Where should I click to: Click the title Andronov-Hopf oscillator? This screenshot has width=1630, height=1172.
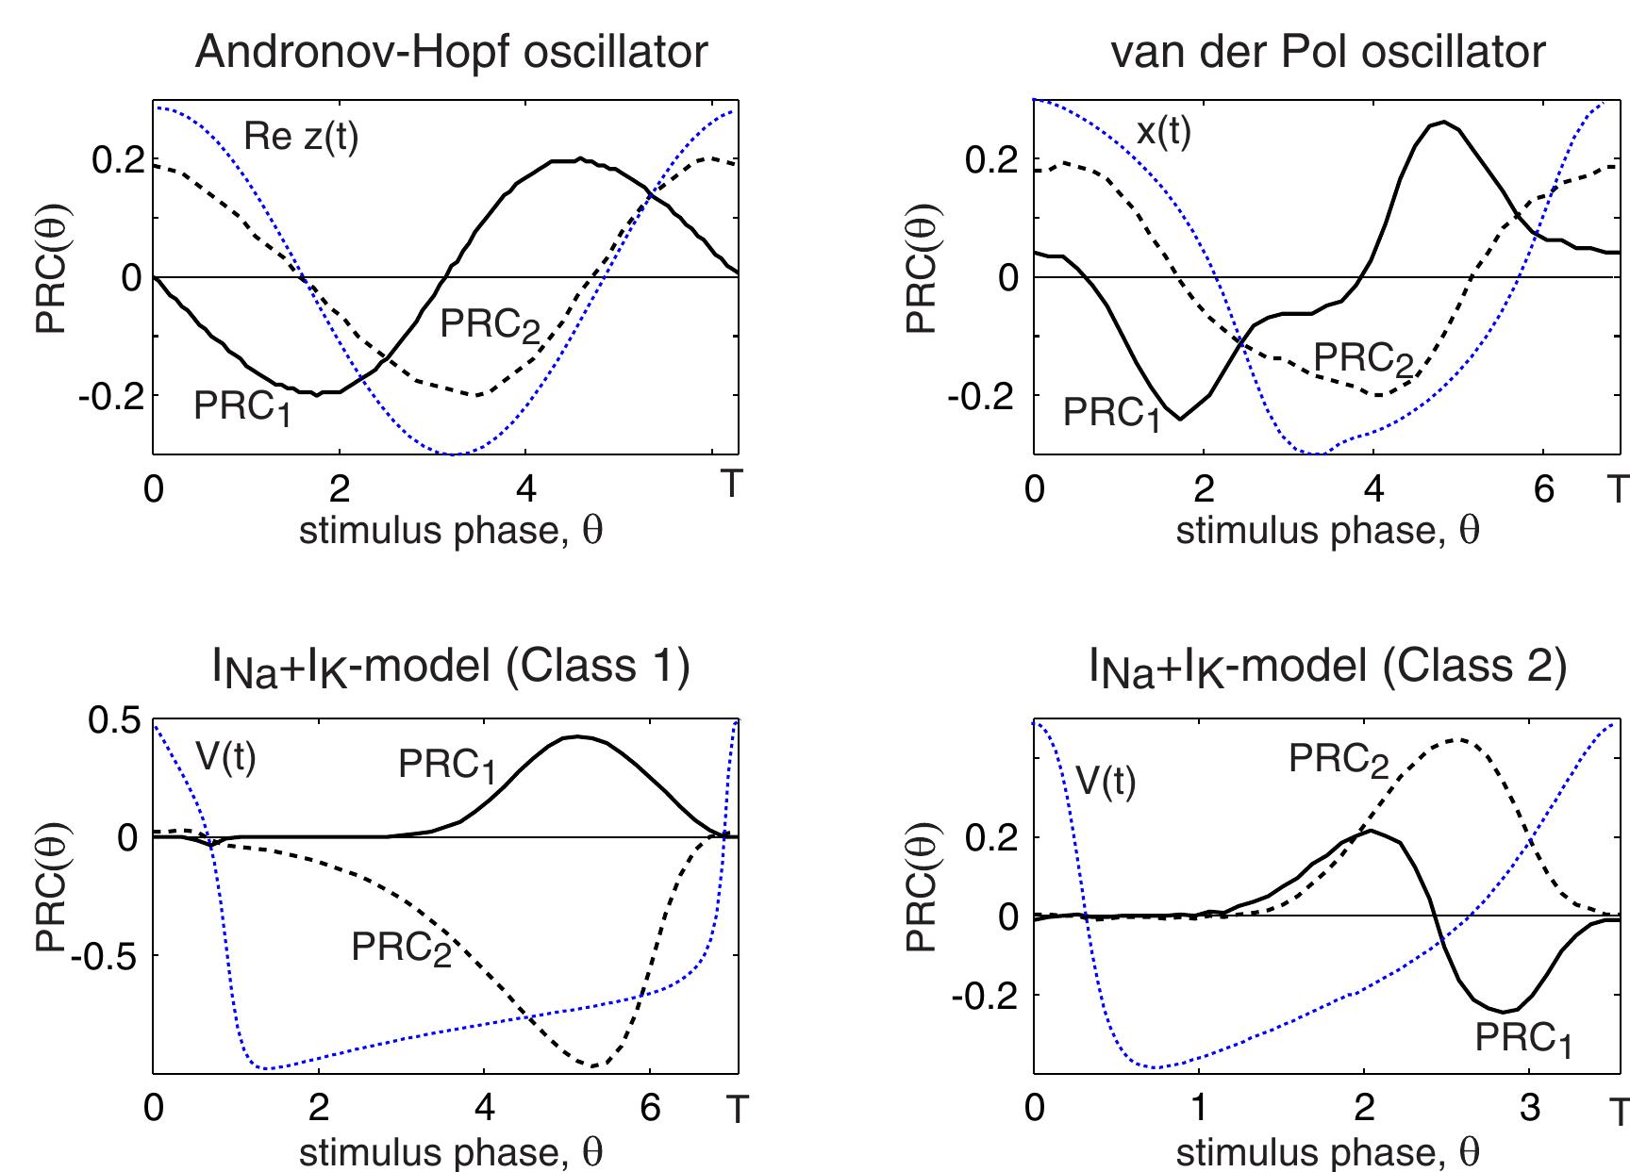tap(450, 52)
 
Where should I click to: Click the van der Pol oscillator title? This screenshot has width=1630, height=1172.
tap(1329, 52)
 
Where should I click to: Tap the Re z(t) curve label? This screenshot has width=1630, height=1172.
tap(301, 138)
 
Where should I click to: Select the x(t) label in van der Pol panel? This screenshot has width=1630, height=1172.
tap(1163, 130)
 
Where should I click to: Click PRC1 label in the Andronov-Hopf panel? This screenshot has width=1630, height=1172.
tap(242, 407)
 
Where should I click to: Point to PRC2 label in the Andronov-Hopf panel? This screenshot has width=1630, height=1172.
tap(491, 326)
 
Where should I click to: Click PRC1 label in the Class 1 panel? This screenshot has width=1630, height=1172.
tap(447, 765)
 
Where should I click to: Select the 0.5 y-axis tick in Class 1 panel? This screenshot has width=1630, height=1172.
tap(113, 720)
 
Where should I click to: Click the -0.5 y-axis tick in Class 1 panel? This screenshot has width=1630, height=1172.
tap(104, 955)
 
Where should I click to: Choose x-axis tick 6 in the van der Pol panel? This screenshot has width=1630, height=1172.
tap(1544, 490)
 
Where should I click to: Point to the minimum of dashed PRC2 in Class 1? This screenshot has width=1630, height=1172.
tap(594, 1066)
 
